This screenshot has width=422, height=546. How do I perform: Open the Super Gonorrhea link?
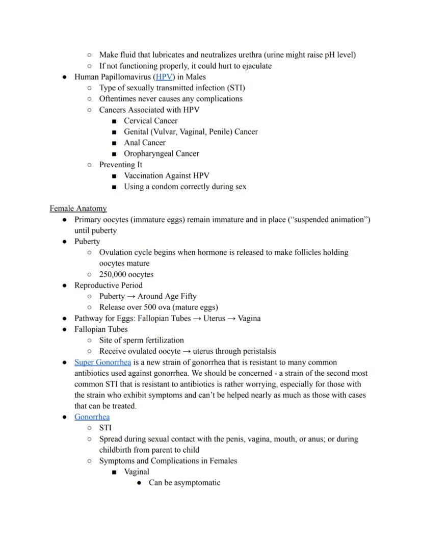(102, 362)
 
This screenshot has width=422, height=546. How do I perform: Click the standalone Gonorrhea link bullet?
(92, 417)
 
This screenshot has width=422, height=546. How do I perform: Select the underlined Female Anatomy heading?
(78, 209)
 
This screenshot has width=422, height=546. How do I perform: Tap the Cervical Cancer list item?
(150, 121)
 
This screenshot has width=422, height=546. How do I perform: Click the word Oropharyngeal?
(149, 153)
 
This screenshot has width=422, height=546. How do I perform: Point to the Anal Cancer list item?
(144, 143)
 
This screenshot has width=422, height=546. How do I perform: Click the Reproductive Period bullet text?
(108, 285)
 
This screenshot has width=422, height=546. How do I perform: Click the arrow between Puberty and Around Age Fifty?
(131, 297)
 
